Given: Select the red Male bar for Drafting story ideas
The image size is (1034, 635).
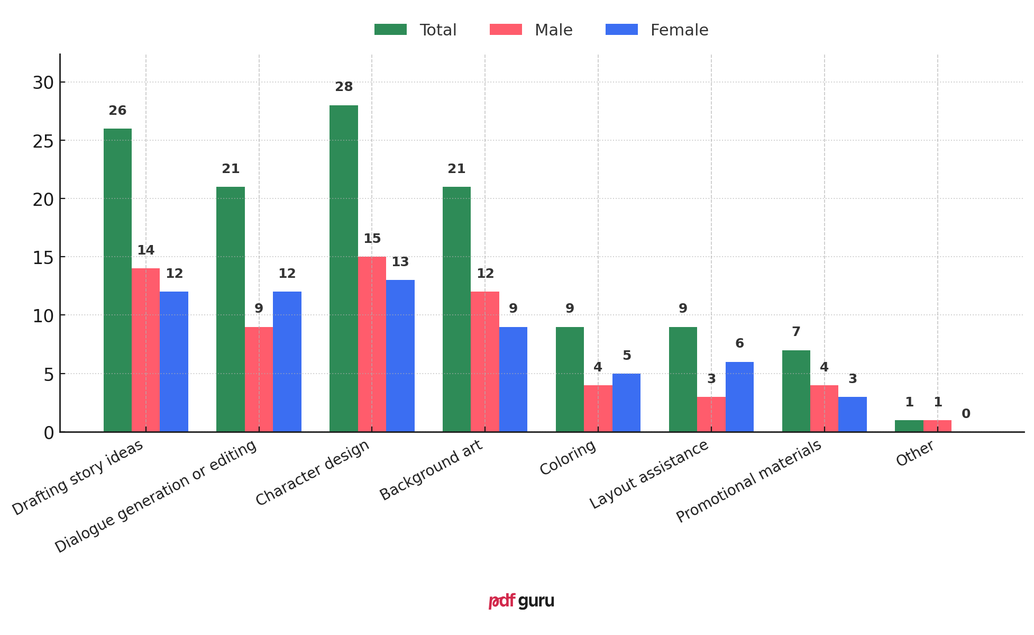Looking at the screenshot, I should coord(145,350).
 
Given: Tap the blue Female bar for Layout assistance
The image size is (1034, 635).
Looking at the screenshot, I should coord(739,397).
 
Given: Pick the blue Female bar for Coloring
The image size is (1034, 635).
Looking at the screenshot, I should coord(626,403).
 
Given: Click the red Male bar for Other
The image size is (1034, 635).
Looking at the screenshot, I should coord(937,426).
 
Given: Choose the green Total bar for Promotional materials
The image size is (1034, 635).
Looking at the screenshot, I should coord(795,391).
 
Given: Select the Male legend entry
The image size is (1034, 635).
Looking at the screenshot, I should coord(531,30).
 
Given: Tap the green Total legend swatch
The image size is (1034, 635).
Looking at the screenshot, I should coord(390,30).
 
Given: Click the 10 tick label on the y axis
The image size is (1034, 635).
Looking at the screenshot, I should coord(43,316).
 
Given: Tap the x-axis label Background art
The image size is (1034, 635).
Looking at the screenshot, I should coord(431,470).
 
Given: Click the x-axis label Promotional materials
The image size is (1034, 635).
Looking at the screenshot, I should coord(748,481).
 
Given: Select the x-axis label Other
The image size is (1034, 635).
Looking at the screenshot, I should coord(915,453).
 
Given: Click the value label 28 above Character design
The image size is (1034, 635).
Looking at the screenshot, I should coord(344,87).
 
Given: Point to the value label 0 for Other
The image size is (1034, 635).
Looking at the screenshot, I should coord(966,414).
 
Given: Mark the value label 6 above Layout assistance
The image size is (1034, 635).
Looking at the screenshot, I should coord(739,343).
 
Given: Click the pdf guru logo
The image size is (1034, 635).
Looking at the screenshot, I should coord(521,601).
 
